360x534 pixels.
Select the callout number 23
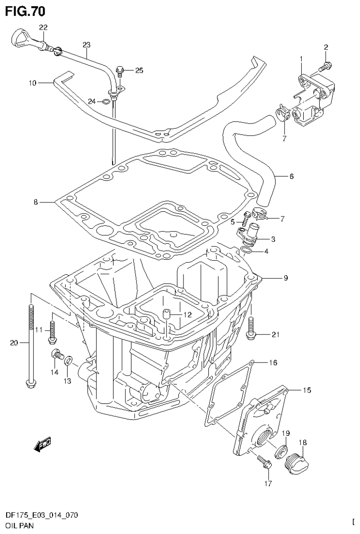tap(86, 45)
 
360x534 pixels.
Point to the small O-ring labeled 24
tap(107, 101)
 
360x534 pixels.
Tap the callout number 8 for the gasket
tap(35, 202)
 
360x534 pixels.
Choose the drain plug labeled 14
tap(56, 355)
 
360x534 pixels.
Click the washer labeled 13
tap(69, 361)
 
